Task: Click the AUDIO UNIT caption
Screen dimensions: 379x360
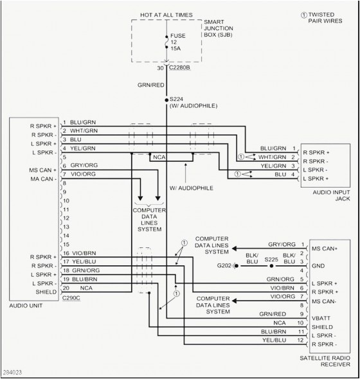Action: tap(26, 306)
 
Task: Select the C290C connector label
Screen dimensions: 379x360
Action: tap(71, 299)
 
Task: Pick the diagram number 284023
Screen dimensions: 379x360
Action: tap(13, 372)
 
